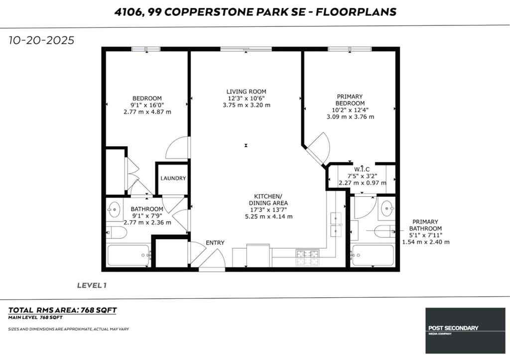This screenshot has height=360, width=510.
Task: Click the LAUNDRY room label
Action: point(173,178)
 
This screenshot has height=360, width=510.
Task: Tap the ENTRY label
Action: point(215,242)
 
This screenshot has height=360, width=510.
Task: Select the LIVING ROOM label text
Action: point(246,92)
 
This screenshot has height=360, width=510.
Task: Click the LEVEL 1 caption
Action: point(92,285)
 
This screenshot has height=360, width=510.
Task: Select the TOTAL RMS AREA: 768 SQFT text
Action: point(63,310)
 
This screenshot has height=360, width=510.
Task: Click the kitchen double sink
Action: point(336,224)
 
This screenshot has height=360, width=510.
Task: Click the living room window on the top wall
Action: point(246,49)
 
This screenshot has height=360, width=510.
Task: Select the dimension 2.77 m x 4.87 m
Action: point(147,112)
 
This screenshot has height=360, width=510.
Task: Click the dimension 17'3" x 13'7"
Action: point(268,210)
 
